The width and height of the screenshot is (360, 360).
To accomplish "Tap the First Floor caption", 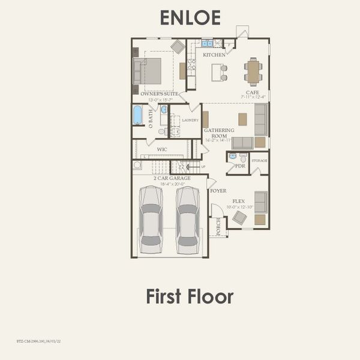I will click(189, 296).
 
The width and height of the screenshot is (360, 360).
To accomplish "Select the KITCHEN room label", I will click(214, 55).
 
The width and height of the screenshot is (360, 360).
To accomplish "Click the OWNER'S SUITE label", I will click(159, 94).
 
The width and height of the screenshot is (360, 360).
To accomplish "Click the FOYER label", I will click(218, 191).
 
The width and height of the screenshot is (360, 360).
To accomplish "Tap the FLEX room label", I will click(239, 202).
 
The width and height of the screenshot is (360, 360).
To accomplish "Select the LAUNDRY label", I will click(190, 121).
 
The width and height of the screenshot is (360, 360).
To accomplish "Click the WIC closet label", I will click(162, 149).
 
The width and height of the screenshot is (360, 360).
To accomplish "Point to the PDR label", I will click(239, 166).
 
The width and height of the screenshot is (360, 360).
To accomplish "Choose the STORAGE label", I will click(259, 161).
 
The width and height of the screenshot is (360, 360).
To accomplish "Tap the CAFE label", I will click(251, 92).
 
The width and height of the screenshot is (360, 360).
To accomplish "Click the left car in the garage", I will click(151, 219).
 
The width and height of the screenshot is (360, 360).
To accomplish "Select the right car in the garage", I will click(187, 219).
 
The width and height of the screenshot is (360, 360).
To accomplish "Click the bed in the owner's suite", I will click(150, 71).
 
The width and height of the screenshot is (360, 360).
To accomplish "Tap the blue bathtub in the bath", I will click(137, 115).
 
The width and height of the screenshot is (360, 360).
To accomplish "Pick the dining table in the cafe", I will click(253, 72).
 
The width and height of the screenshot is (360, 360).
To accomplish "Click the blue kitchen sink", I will click(206, 43).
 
